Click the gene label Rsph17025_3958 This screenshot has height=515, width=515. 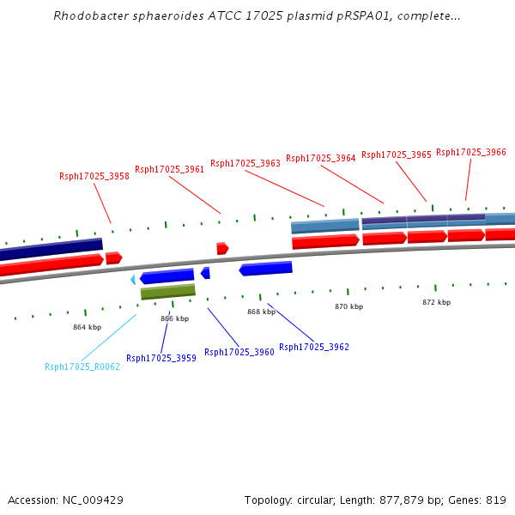pyautogui.click(x=94, y=176)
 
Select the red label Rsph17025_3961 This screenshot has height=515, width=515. pyautogui.click(x=170, y=169)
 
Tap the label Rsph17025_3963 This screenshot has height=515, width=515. pyautogui.click(x=245, y=163)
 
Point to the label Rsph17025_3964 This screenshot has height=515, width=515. pyautogui.click(x=321, y=158)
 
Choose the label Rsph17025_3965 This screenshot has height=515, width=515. pyautogui.click(x=397, y=154)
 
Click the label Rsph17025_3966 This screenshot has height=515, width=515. pyautogui.click(x=471, y=152)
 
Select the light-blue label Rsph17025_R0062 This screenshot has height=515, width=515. pyautogui.click(x=82, y=367)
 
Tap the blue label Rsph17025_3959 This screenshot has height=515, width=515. pyautogui.click(x=161, y=358)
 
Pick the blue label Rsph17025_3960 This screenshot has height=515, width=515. pyautogui.click(x=239, y=352)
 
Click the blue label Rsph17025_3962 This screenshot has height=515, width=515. pyautogui.click(x=314, y=347)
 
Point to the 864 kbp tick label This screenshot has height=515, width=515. pyautogui.click(x=87, y=327)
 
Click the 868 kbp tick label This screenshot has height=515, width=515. pyautogui.click(x=261, y=312)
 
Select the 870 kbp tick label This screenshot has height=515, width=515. pyautogui.click(x=348, y=306)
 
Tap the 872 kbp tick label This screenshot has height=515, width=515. pyautogui.click(x=436, y=302)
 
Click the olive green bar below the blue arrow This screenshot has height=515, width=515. pyautogui.click(x=168, y=292)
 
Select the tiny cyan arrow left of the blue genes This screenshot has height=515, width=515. pyautogui.click(x=133, y=280)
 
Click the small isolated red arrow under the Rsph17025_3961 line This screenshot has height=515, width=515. pyautogui.click(x=222, y=248)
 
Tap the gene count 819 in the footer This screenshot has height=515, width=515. pyautogui.click(x=496, y=500)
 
